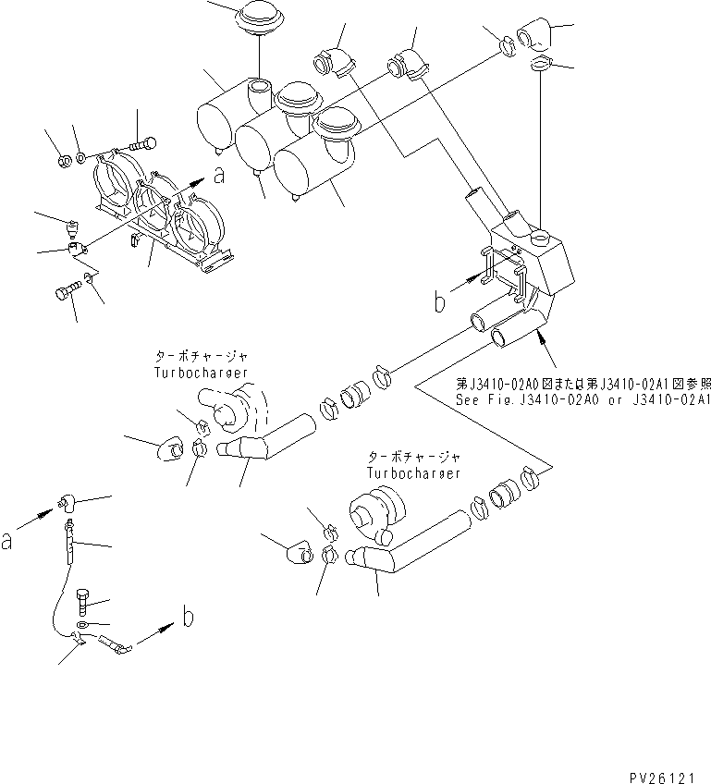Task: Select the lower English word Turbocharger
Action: (x=413, y=472)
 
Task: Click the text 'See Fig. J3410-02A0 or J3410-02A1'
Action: (x=582, y=400)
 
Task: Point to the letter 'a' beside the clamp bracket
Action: (x=218, y=175)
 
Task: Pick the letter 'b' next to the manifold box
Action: (x=441, y=302)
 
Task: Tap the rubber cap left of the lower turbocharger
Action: (x=300, y=554)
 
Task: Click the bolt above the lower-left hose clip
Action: (x=85, y=604)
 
